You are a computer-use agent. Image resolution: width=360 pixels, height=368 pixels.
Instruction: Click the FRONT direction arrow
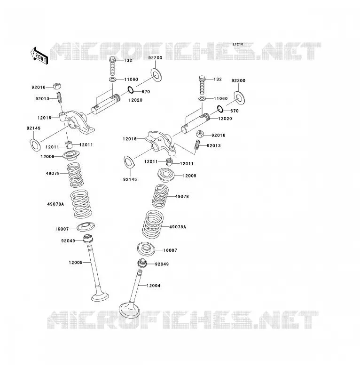(39, 56)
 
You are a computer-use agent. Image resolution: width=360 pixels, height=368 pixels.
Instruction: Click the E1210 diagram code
(238, 44)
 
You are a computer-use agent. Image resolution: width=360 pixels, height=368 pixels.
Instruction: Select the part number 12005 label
(76, 263)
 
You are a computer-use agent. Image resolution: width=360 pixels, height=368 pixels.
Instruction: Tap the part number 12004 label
(154, 286)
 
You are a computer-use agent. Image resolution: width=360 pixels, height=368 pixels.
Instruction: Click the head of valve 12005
(100, 296)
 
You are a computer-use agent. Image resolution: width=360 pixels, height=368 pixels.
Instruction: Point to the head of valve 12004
(129, 310)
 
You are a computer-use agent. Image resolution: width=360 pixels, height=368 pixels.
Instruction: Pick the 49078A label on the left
(55, 204)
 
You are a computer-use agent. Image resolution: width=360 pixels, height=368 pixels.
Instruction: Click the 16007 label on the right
(170, 250)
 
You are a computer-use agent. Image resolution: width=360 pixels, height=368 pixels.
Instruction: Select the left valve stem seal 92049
(88, 239)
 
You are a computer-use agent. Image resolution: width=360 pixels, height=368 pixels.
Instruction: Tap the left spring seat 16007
(86, 226)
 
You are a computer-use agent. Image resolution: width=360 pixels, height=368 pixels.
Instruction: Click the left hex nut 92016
(57, 86)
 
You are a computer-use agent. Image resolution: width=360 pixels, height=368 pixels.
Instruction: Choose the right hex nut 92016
(200, 134)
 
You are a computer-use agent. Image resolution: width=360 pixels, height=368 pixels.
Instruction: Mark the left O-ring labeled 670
(131, 90)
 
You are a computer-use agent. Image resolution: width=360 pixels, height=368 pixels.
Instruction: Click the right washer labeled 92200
(240, 98)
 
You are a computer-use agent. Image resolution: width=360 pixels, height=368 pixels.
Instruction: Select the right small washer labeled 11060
(202, 98)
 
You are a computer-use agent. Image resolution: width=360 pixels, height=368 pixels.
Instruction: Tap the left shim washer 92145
(35, 145)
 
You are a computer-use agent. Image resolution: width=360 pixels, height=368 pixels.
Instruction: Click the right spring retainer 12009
(166, 176)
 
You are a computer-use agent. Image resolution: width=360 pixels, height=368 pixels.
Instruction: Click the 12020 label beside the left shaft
(135, 100)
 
